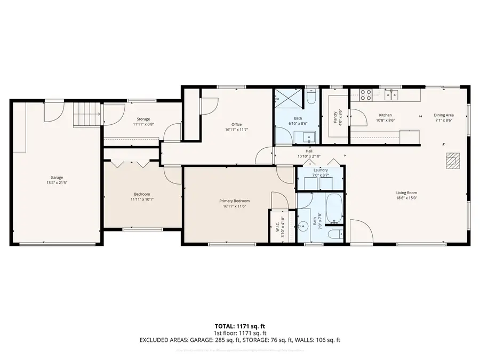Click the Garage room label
pyautogui.click(x=57, y=178)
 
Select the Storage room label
pyautogui.click(x=143, y=119)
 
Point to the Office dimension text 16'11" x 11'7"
pyautogui.click(x=236, y=130)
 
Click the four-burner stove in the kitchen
pyautogui.click(x=366, y=95)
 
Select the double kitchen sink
pyautogui.click(x=395, y=95)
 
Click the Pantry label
pyautogui.click(x=335, y=117)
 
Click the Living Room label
pyautogui.click(x=406, y=193)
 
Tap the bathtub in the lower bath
pyautogui.click(x=334, y=210)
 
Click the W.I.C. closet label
pyautogui.click(x=277, y=227)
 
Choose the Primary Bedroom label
pyautogui.click(x=235, y=201)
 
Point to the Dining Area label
pyautogui.click(x=443, y=115)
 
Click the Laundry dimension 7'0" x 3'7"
pyautogui.click(x=321, y=175)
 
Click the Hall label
pyautogui.click(x=309, y=151)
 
